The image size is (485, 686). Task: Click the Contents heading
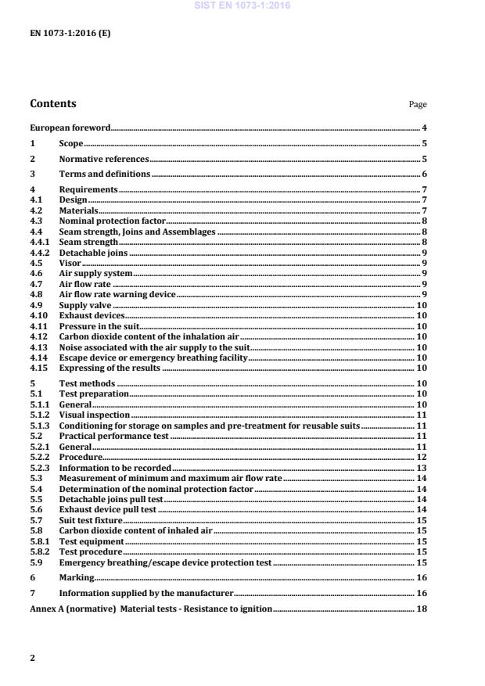click(x=53, y=103)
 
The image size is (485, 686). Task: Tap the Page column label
click(x=418, y=105)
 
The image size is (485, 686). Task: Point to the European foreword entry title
click(x=70, y=128)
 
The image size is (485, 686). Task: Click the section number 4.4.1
click(x=39, y=242)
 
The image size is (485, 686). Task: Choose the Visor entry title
click(x=70, y=264)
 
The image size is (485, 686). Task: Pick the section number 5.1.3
click(x=39, y=426)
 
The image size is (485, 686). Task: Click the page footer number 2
click(x=33, y=658)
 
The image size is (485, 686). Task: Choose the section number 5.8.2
click(x=39, y=551)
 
